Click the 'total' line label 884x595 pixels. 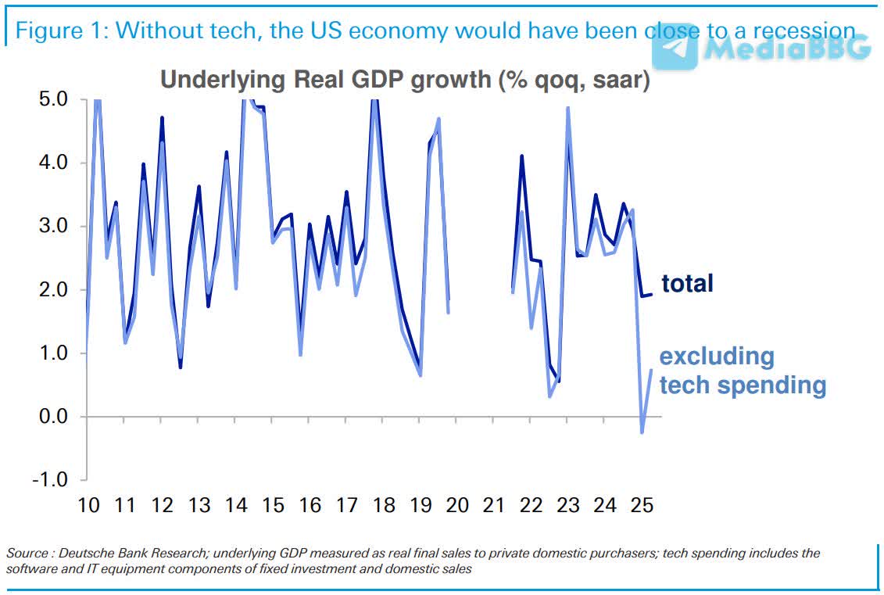687,283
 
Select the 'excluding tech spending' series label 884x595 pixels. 742,371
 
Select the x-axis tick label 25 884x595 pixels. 641,505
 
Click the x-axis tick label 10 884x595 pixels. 88,505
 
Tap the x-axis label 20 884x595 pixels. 456,505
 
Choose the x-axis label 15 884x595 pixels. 273,505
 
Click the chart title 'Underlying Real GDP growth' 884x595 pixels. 405,80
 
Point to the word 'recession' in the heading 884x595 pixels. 790,31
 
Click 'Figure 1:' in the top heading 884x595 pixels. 62,31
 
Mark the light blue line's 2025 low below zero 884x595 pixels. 642,432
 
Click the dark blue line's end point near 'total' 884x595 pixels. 652,294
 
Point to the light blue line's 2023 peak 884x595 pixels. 567,108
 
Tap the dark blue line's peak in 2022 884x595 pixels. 521,156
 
